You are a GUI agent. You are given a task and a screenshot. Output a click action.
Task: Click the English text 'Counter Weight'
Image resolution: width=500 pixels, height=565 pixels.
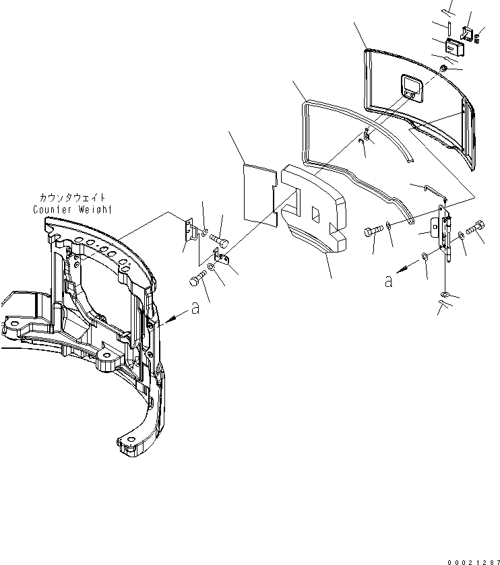tap(73, 209)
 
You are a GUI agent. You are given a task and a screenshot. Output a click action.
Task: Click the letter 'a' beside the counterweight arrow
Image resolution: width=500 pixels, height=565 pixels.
tap(195, 309)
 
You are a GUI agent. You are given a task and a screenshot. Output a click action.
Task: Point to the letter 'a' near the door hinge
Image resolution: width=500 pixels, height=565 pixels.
tap(388, 282)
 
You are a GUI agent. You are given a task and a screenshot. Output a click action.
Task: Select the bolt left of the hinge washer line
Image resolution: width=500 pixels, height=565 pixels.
tap(373, 232)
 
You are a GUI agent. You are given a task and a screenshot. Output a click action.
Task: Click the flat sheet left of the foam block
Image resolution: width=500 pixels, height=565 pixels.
tap(260, 191)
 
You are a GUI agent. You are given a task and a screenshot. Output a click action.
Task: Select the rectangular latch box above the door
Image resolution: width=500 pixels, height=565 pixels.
tap(456, 48)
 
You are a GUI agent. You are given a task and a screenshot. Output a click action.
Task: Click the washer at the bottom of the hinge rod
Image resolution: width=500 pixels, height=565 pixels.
tap(444, 294)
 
